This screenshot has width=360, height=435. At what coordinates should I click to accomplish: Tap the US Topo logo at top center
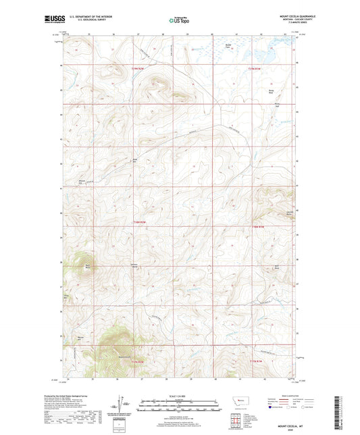pyautogui.click(x=175, y=20)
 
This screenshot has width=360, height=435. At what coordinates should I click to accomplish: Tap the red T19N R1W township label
pyautogui.click(x=253, y=68)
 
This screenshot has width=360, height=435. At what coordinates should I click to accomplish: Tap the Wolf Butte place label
pyautogui.click(x=276, y=267)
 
